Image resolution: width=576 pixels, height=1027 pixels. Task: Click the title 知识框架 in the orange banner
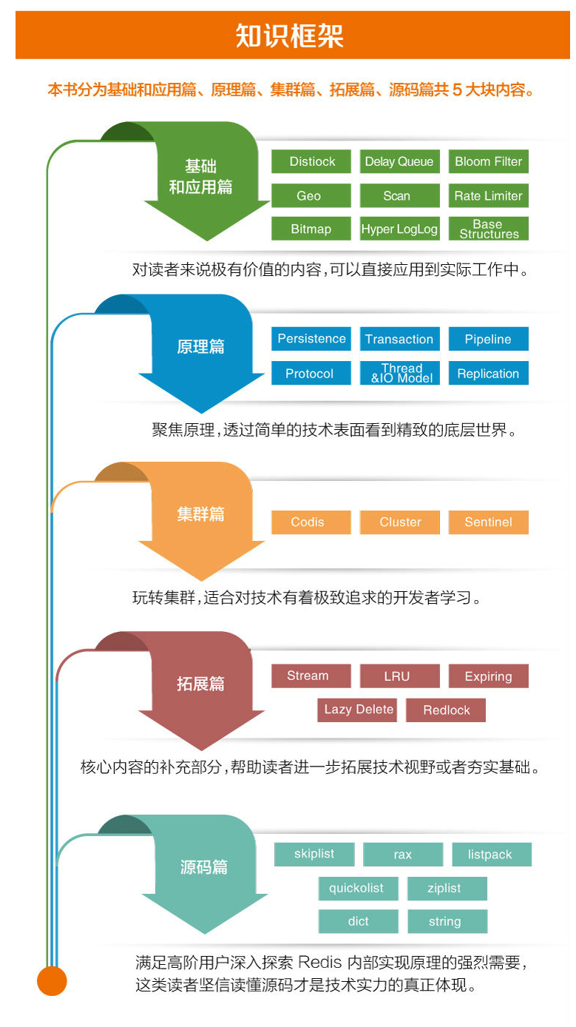(x=290, y=36)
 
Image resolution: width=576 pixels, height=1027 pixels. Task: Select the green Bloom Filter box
(x=488, y=161)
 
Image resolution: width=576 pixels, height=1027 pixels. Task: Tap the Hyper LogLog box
(x=399, y=229)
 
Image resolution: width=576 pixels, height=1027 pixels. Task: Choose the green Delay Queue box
(x=399, y=161)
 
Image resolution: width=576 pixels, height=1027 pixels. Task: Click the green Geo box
(x=310, y=195)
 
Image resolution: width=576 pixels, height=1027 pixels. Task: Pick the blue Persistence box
(x=311, y=339)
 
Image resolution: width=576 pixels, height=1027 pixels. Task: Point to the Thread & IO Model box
(x=400, y=373)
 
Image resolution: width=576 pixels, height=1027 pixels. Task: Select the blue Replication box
(x=488, y=373)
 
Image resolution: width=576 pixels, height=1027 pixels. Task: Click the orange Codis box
(x=310, y=522)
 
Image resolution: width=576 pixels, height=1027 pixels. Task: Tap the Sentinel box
(x=488, y=522)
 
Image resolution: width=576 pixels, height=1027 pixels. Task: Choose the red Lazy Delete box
(x=359, y=710)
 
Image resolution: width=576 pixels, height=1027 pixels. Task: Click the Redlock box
(x=446, y=710)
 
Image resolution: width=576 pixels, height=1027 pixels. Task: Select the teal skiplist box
(x=314, y=854)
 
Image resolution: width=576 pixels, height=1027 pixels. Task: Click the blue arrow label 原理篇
(x=200, y=346)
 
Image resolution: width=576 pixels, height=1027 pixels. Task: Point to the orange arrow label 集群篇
(x=200, y=514)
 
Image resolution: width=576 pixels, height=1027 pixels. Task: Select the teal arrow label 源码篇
(x=203, y=866)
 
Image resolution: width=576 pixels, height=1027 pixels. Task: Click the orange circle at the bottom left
(x=52, y=981)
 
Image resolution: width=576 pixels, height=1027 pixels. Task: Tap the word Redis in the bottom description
(x=321, y=963)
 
